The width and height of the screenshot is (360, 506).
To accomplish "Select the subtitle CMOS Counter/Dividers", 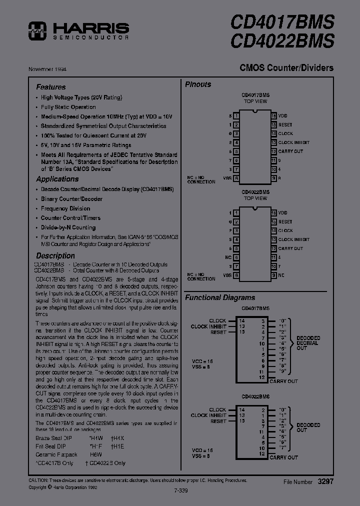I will click(286, 68).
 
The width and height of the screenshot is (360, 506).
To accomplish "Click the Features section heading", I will click(50, 87).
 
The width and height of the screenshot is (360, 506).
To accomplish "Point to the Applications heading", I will click(57, 179).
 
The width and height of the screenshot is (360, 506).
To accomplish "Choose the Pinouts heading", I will click(198, 84).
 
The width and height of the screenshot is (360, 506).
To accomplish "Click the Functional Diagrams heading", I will click(220, 297).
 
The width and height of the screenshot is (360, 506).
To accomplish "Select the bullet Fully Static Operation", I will click(68, 107).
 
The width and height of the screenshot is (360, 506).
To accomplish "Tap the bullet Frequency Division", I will click(65, 208).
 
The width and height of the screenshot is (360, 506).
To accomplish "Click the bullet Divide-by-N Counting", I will click(68, 227).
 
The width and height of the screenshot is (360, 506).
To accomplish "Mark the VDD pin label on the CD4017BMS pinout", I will click(283, 115).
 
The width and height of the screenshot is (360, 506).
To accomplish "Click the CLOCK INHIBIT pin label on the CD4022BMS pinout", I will click(293, 239).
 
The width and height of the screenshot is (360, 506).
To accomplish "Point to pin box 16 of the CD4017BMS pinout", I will click(273, 115).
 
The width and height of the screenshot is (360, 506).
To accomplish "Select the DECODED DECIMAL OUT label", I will click(308, 343).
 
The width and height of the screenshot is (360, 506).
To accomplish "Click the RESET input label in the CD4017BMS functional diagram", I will click(218, 332).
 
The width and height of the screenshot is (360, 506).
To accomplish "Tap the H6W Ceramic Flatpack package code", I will click(95, 454).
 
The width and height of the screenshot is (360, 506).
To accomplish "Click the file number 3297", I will click(325, 481).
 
